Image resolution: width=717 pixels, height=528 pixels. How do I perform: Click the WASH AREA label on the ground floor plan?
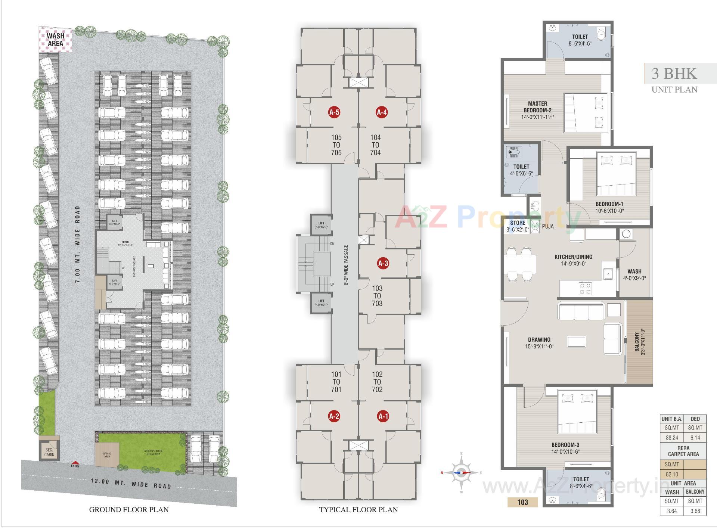(x=55, y=40)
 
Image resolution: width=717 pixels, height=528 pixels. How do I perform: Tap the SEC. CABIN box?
(x=49, y=452)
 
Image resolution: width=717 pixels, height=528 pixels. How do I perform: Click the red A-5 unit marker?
(x=334, y=112)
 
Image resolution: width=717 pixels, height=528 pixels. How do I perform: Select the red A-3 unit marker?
(x=383, y=263)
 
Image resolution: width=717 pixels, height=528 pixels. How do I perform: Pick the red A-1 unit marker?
(x=383, y=416)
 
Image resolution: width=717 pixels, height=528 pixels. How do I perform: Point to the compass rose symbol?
(x=462, y=473)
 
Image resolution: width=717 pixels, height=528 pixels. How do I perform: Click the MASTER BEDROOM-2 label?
(x=537, y=107)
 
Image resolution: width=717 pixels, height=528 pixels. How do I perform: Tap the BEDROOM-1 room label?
(x=609, y=204)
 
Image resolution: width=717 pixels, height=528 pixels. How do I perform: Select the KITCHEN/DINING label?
(x=573, y=257)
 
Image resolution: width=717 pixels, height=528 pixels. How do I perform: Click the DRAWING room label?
(x=539, y=340)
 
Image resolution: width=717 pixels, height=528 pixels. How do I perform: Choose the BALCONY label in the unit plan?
(x=637, y=342)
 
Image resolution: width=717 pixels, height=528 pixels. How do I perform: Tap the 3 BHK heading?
(x=674, y=74)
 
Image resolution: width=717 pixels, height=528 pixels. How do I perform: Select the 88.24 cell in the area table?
(x=671, y=437)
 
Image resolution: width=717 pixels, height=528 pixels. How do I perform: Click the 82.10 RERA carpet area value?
(x=671, y=474)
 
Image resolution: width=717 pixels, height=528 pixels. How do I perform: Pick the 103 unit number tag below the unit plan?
(x=522, y=502)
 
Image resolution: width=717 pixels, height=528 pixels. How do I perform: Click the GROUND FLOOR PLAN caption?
(x=129, y=510)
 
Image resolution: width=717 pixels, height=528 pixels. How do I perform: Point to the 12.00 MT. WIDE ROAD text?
(x=131, y=484)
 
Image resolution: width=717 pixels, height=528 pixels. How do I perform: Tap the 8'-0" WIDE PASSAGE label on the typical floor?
(x=346, y=265)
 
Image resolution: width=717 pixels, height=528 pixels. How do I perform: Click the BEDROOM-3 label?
(x=565, y=445)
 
